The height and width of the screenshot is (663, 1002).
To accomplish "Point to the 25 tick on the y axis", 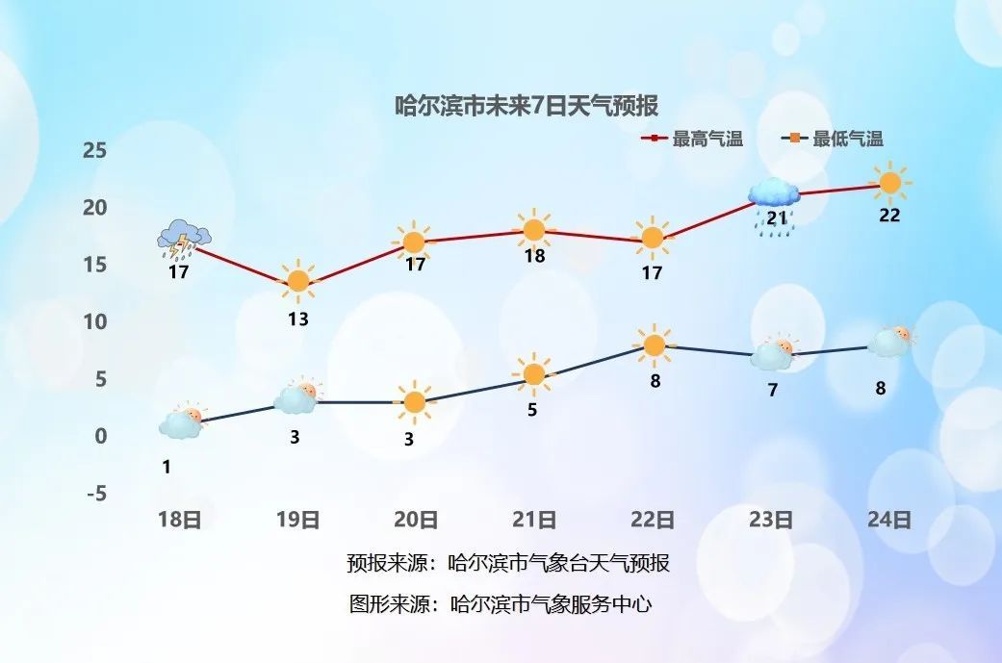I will (94, 150).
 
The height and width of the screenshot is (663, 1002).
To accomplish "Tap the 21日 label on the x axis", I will (534, 521).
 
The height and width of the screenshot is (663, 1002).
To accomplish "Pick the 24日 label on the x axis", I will (888, 521).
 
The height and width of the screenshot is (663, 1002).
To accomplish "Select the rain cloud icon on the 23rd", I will (774, 202).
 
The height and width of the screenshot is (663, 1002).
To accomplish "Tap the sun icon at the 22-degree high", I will (890, 181).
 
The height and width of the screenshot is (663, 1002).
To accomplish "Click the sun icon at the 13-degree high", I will (298, 281).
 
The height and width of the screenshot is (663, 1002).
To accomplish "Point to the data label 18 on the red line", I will (534, 256).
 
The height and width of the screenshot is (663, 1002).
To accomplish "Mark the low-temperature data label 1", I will (167, 468).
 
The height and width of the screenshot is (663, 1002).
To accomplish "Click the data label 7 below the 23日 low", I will (772, 390).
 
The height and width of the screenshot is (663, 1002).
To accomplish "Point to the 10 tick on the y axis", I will (94, 321).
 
